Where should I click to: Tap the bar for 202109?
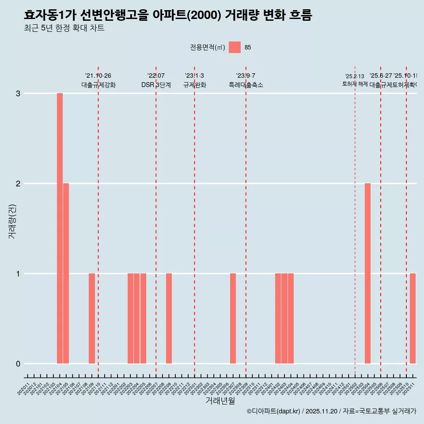pyautogui.click(x=92, y=318)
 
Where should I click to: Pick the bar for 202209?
pyautogui.click(x=169, y=318)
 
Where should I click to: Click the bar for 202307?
pyautogui.click(x=233, y=318)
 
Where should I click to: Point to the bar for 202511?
pyautogui.click(x=413, y=318)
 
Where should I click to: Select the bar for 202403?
pyautogui.click(x=284, y=318)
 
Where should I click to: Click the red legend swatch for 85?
pyautogui.click(x=235, y=47)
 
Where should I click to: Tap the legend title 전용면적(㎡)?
pyautogui.click(x=208, y=48)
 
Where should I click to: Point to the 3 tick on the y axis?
pyautogui.click(x=18, y=94)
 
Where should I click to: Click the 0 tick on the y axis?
pyautogui.click(x=18, y=364)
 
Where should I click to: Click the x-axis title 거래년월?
pyautogui.click(x=220, y=401)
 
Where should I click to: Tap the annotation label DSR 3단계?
pyautogui.click(x=156, y=85)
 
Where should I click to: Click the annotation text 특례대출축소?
pyautogui.click(x=246, y=85)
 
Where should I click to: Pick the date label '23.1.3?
pyautogui.click(x=194, y=76)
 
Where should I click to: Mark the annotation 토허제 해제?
pyautogui.click(x=355, y=84)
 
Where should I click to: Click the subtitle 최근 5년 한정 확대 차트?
pyautogui.click(x=64, y=29)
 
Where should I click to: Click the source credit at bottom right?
pyautogui.click(x=331, y=411)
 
